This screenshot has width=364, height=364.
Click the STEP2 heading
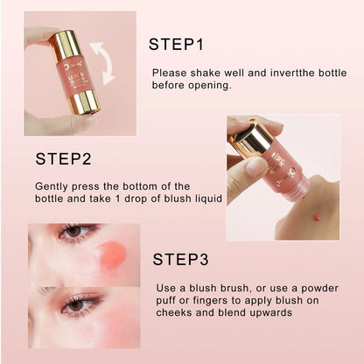[64, 159]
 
